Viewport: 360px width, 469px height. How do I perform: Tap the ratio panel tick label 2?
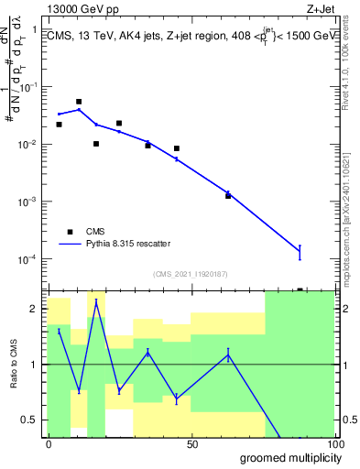pyautogui.click(x=33, y=309)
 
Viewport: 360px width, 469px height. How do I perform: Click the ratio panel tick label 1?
pyautogui.click(x=33, y=365)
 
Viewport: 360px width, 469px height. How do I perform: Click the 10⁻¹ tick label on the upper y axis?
pyautogui.click(x=27, y=87)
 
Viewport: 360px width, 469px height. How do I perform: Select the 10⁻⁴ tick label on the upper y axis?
pyautogui.click(x=27, y=259)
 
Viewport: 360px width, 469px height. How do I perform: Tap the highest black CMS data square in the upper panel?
pyautogui.click(x=79, y=102)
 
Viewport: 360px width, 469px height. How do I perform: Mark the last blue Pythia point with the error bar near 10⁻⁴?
pyautogui.click(x=300, y=251)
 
